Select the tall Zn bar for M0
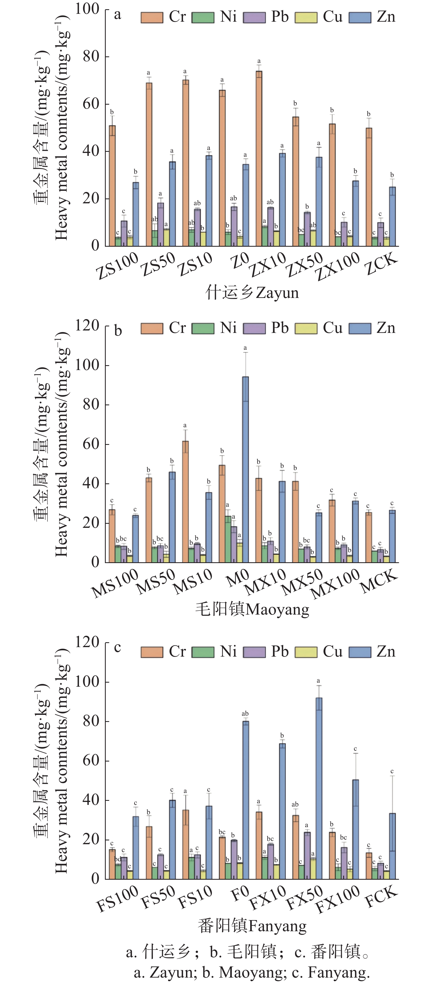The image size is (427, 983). click(245, 469)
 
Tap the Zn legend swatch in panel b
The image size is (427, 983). click(360, 329)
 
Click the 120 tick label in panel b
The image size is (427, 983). click(87, 326)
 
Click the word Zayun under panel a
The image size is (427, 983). click(277, 293)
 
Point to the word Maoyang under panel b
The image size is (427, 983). click(277, 609)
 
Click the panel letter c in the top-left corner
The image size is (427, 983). click(118, 647)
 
